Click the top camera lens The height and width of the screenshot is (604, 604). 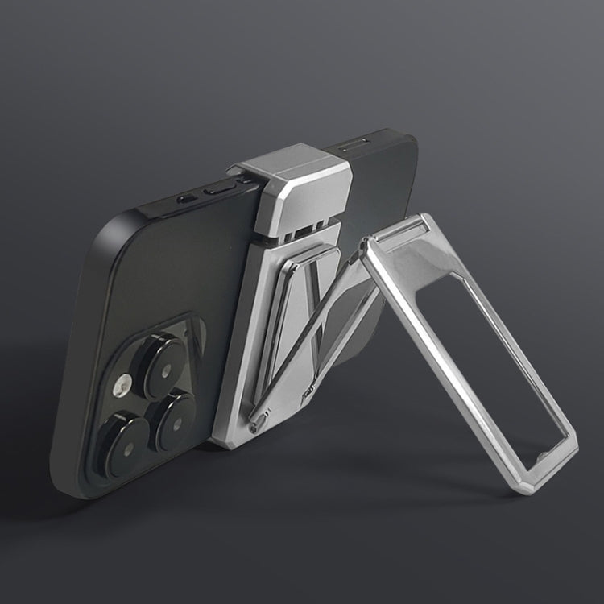point(163,366)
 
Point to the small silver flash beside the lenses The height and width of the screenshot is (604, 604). point(123,385)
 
